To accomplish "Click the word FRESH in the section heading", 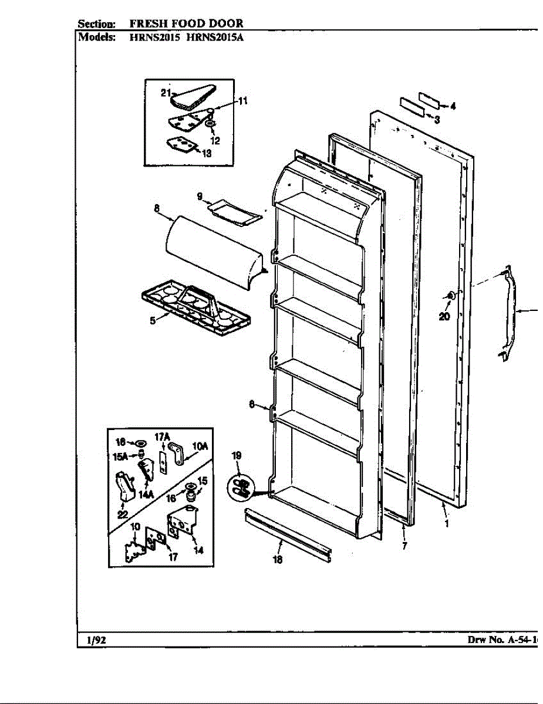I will (x=147, y=24).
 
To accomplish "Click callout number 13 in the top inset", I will (x=206, y=154).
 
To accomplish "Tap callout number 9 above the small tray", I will (x=199, y=196).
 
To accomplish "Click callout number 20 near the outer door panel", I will (x=445, y=317).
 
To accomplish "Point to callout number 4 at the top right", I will (x=453, y=107).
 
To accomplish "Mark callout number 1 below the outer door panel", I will (x=446, y=523).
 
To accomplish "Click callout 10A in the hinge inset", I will (x=200, y=447).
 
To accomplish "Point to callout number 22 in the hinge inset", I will (x=123, y=515).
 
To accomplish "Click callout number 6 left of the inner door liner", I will (x=251, y=404).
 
